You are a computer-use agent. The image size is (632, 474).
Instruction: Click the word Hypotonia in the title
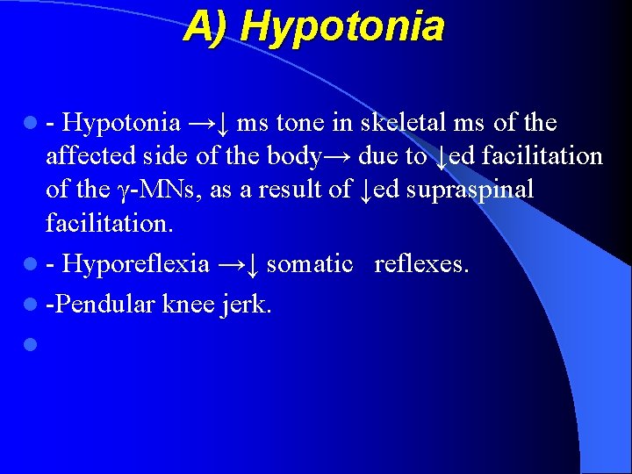coord(342,26)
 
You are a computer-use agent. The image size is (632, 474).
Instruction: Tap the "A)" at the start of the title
coord(207,26)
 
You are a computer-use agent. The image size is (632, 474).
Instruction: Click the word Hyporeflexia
coord(136,264)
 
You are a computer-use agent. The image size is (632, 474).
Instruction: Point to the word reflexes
coord(421,264)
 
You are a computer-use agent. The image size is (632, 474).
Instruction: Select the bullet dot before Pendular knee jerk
coord(32,305)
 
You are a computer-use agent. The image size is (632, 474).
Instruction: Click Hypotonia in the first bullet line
coord(122,123)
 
